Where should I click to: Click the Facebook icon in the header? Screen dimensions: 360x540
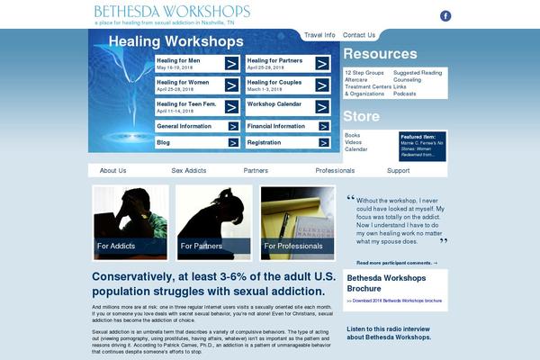click(x=445, y=15)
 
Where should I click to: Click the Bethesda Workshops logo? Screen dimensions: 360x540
click(x=172, y=12)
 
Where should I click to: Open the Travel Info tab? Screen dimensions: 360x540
click(x=319, y=35)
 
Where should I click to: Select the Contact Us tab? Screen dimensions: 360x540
click(x=359, y=35)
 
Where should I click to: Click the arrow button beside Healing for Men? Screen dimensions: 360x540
click(x=231, y=64)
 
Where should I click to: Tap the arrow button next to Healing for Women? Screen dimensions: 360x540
click(x=231, y=85)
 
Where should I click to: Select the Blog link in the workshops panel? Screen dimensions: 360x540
click(x=163, y=142)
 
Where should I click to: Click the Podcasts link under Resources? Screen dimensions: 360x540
click(x=405, y=94)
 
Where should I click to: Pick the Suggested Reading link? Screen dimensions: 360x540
click(x=418, y=72)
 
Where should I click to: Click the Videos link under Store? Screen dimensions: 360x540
click(x=353, y=142)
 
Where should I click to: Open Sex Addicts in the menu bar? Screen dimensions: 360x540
click(x=189, y=170)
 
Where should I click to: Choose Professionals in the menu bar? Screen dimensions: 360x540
click(x=335, y=170)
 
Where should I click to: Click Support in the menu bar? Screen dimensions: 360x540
click(x=399, y=170)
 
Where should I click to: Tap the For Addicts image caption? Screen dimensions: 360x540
click(x=117, y=245)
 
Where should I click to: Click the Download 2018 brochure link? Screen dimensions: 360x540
click(x=395, y=301)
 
